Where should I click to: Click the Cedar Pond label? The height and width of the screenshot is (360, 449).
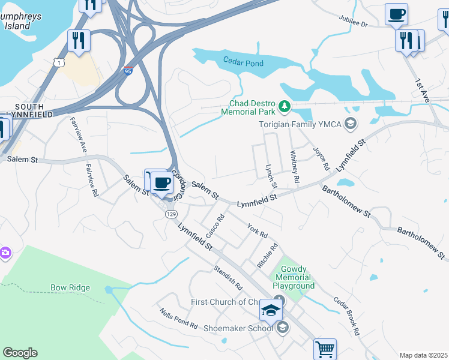tap(243, 61)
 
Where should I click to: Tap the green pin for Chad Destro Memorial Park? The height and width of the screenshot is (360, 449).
tap(285, 107)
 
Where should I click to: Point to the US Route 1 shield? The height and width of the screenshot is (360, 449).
tap(58, 62)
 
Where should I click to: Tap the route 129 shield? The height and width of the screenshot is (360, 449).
tap(172, 214)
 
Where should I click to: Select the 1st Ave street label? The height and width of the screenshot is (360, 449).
tap(423, 90)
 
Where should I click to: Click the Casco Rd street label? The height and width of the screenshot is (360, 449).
tap(215, 225)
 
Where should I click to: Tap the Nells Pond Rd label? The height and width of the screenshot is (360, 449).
tap(178, 319)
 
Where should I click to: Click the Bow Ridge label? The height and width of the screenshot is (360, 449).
tap(70, 288)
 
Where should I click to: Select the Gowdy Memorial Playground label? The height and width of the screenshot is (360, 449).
tap(294, 277)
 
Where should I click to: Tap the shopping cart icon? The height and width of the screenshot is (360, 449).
tap(325, 349)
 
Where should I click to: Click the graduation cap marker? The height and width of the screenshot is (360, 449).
tap(271, 310)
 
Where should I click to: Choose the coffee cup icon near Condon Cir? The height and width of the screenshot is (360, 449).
tap(161, 182)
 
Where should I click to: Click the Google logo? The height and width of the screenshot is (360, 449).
tap(20, 353)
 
